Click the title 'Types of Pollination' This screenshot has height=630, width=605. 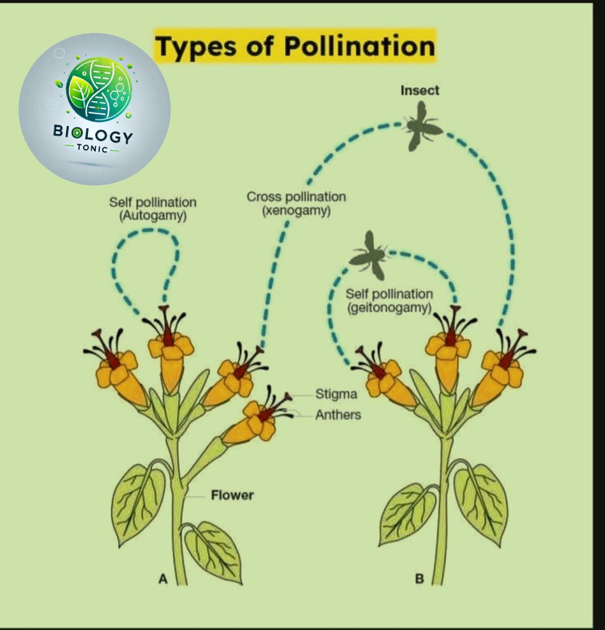(x=295, y=46)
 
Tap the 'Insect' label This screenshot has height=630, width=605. (x=420, y=90)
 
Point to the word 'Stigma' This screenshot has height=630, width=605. (x=336, y=394)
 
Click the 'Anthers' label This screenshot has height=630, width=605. (x=338, y=414)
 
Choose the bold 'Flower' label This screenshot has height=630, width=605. (x=232, y=495)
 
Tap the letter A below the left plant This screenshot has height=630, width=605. (x=163, y=579)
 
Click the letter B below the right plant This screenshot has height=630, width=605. (x=419, y=579)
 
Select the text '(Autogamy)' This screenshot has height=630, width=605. (x=153, y=216)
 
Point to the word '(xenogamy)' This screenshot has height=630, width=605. (x=296, y=211)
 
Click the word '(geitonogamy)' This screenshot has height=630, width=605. (x=389, y=308)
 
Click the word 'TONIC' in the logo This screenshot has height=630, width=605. (x=92, y=148)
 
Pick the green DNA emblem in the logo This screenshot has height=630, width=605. (x=99, y=89)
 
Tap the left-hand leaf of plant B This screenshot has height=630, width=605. (x=407, y=514)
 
